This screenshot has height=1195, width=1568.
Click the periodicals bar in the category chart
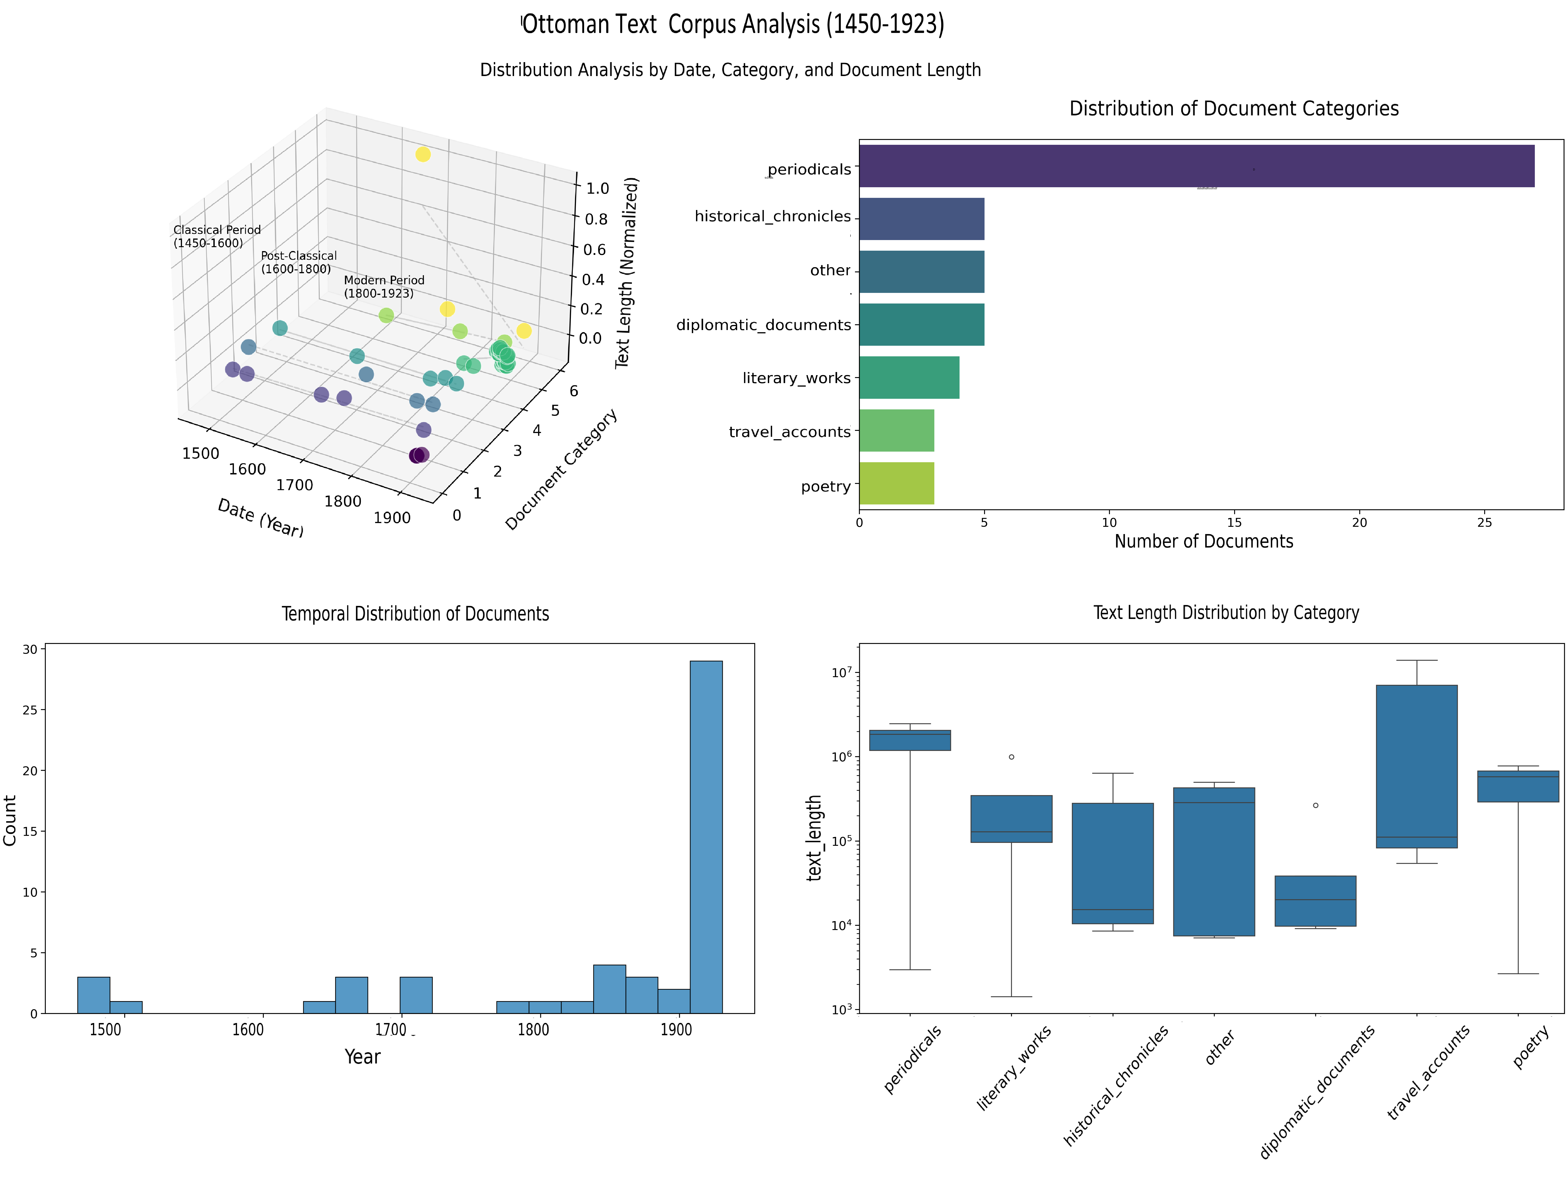coord(1195,166)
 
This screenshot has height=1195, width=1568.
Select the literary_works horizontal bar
coord(908,378)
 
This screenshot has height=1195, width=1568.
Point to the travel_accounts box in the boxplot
coord(1416,766)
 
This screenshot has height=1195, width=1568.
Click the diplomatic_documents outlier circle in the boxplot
coord(1316,805)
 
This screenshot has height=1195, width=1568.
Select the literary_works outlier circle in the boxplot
coord(1011,757)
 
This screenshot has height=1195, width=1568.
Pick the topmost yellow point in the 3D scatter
coord(423,154)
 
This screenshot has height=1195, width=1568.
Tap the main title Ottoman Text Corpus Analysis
coord(733,24)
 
